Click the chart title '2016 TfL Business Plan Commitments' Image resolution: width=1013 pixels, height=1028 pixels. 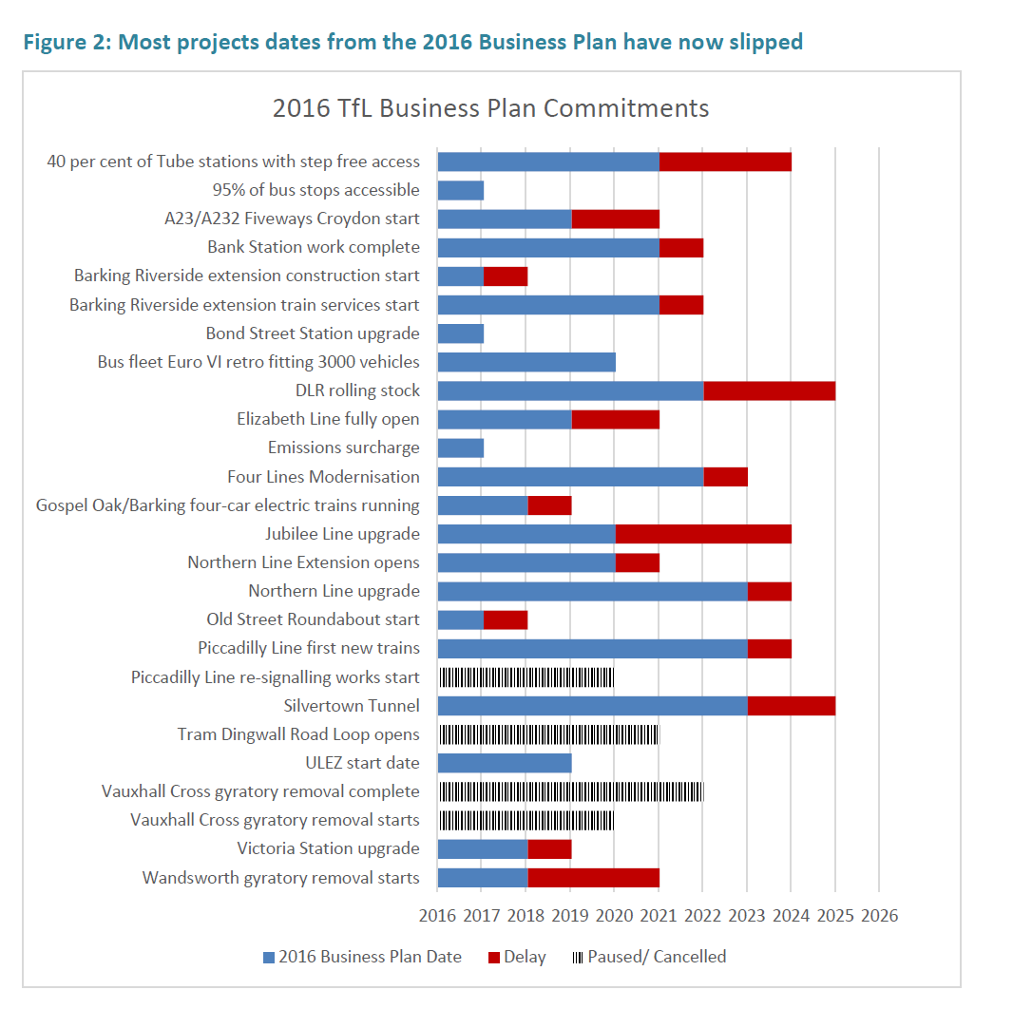point(490,108)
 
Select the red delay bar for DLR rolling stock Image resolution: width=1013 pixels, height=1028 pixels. point(769,390)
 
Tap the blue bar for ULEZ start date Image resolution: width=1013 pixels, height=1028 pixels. point(504,763)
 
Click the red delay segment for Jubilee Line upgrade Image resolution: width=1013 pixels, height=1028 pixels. point(703,534)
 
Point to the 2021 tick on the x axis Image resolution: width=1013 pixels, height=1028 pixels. point(659,916)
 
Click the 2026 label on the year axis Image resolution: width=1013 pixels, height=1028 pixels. point(879,916)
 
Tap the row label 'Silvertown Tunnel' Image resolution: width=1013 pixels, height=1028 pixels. point(352,706)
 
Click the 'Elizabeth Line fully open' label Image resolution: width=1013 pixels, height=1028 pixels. point(328,419)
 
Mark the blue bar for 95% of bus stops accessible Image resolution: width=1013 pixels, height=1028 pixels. point(460,190)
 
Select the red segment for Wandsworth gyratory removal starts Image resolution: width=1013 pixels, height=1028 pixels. point(593,878)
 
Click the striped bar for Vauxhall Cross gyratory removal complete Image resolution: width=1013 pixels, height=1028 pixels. point(570,791)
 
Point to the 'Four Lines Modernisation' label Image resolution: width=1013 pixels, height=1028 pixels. point(323,477)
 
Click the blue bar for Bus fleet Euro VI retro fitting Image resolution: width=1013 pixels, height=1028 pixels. point(526,362)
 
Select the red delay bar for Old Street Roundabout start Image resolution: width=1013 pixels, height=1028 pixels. point(505,619)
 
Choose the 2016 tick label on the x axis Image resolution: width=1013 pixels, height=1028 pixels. point(437,916)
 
